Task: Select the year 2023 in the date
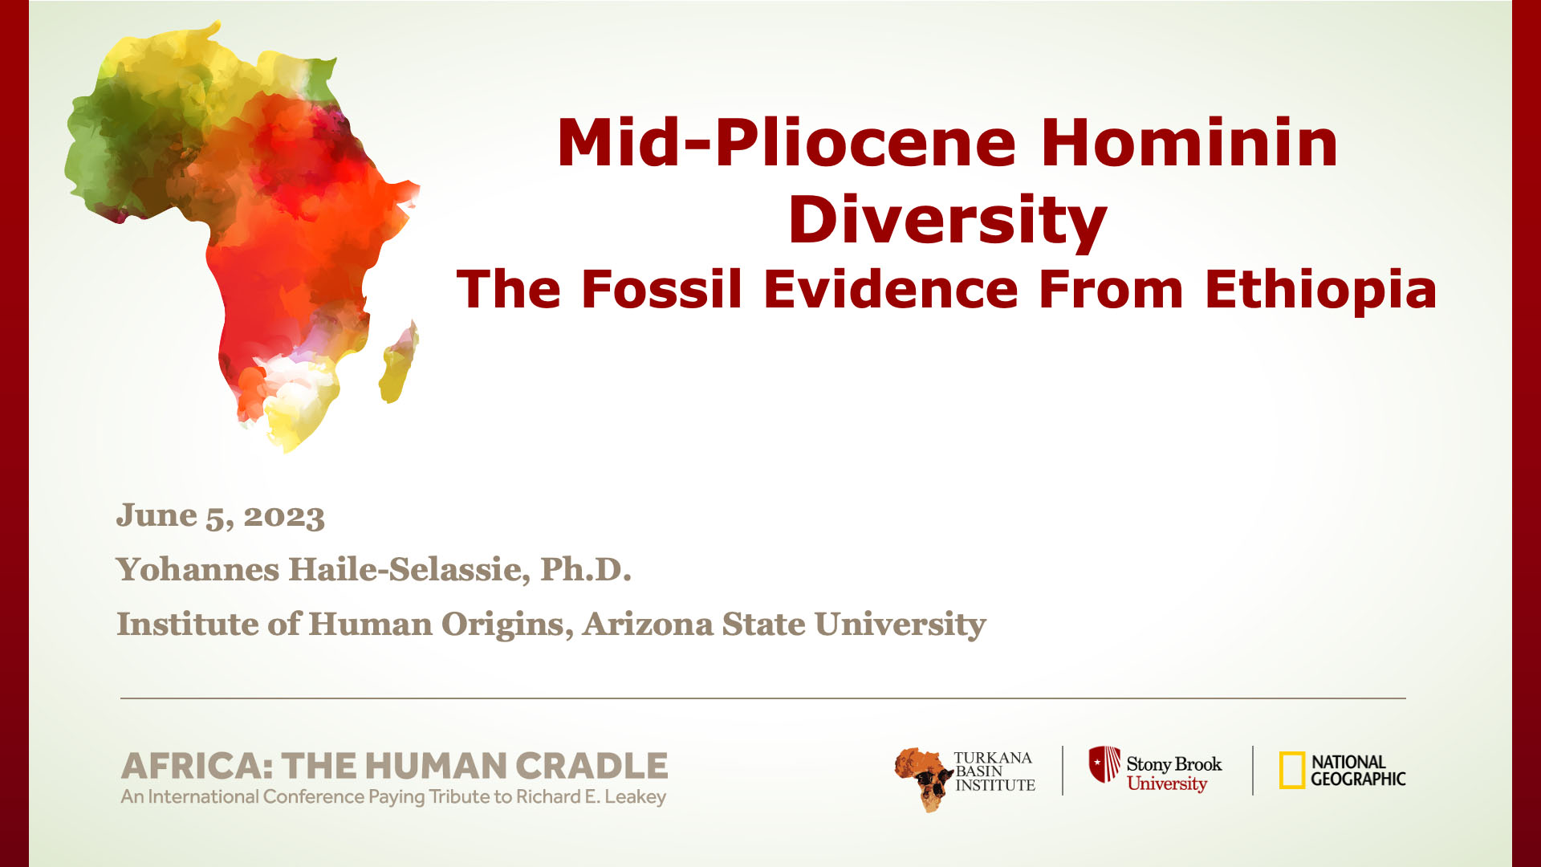pyautogui.click(x=284, y=516)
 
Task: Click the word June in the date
pyautogui.click(x=157, y=515)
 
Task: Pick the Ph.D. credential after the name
pyautogui.click(x=586, y=569)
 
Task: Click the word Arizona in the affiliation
pyautogui.click(x=648, y=624)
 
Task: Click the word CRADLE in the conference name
pyautogui.click(x=592, y=766)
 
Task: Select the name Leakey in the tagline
pyautogui.click(x=636, y=797)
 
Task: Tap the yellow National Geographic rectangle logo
pyautogui.click(x=1292, y=771)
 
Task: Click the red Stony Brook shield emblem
pyautogui.click(x=1104, y=764)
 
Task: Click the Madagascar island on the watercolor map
pyautogui.click(x=399, y=362)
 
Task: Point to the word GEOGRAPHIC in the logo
pyautogui.click(x=1358, y=779)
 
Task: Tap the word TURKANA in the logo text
pyautogui.click(x=993, y=758)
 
